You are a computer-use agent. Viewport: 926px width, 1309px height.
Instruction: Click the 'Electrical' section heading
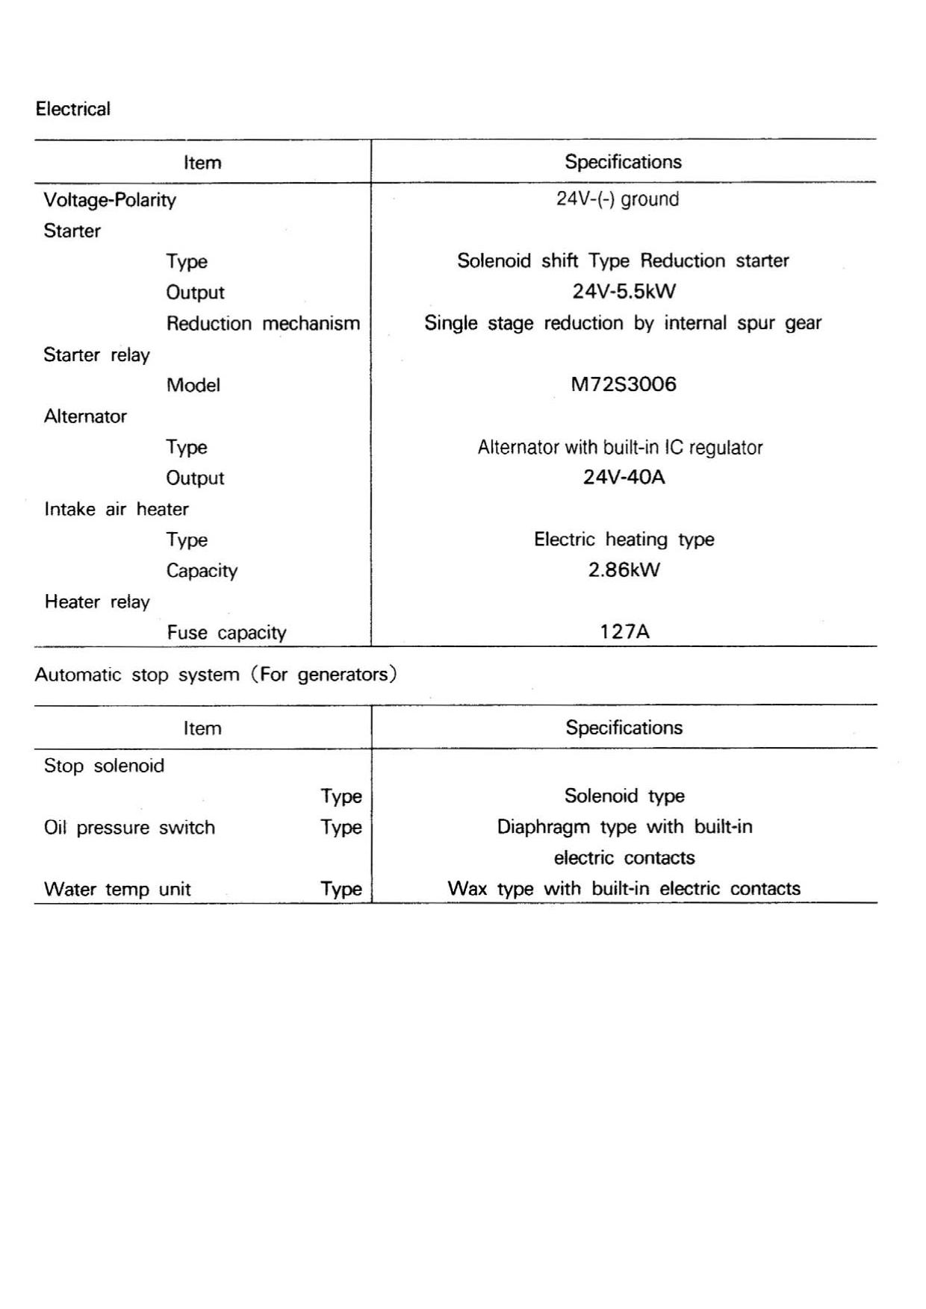point(73,109)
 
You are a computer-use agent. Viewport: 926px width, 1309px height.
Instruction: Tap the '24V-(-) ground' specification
point(618,199)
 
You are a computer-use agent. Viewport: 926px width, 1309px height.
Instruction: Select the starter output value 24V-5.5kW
point(624,291)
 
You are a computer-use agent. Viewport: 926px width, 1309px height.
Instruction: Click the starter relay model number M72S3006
point(624,384)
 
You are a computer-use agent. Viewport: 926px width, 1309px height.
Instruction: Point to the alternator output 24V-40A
point(624,477)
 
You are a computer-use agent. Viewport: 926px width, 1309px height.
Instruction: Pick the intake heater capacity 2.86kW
point(624,570)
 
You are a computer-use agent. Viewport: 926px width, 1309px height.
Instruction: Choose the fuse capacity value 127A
point(624,632)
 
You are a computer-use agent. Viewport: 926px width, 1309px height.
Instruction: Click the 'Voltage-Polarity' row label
point(110,200)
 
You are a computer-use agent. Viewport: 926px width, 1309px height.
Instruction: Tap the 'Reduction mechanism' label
point(263,323)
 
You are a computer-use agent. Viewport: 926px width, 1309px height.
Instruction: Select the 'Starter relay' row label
point(96,354)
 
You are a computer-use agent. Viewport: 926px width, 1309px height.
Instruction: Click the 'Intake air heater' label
point(116,509)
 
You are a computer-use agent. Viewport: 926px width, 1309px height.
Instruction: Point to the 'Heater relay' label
point(97,602)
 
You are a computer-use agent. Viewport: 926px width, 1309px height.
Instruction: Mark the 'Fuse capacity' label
point(226,633)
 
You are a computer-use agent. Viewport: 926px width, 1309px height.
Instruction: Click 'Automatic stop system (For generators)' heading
point(216,675)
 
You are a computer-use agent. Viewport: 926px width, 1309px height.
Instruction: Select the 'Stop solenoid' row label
point(104,766)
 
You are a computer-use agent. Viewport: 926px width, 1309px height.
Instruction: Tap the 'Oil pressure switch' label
point(129,828)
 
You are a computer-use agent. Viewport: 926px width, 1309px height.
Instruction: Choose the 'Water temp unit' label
point(117,889)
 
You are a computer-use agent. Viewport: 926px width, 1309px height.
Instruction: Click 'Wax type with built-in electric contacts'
point(624,889)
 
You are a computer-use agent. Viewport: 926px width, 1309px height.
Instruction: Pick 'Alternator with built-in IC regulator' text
point(620,448)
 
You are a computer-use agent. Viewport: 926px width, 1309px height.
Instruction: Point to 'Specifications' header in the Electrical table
point(623,162)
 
